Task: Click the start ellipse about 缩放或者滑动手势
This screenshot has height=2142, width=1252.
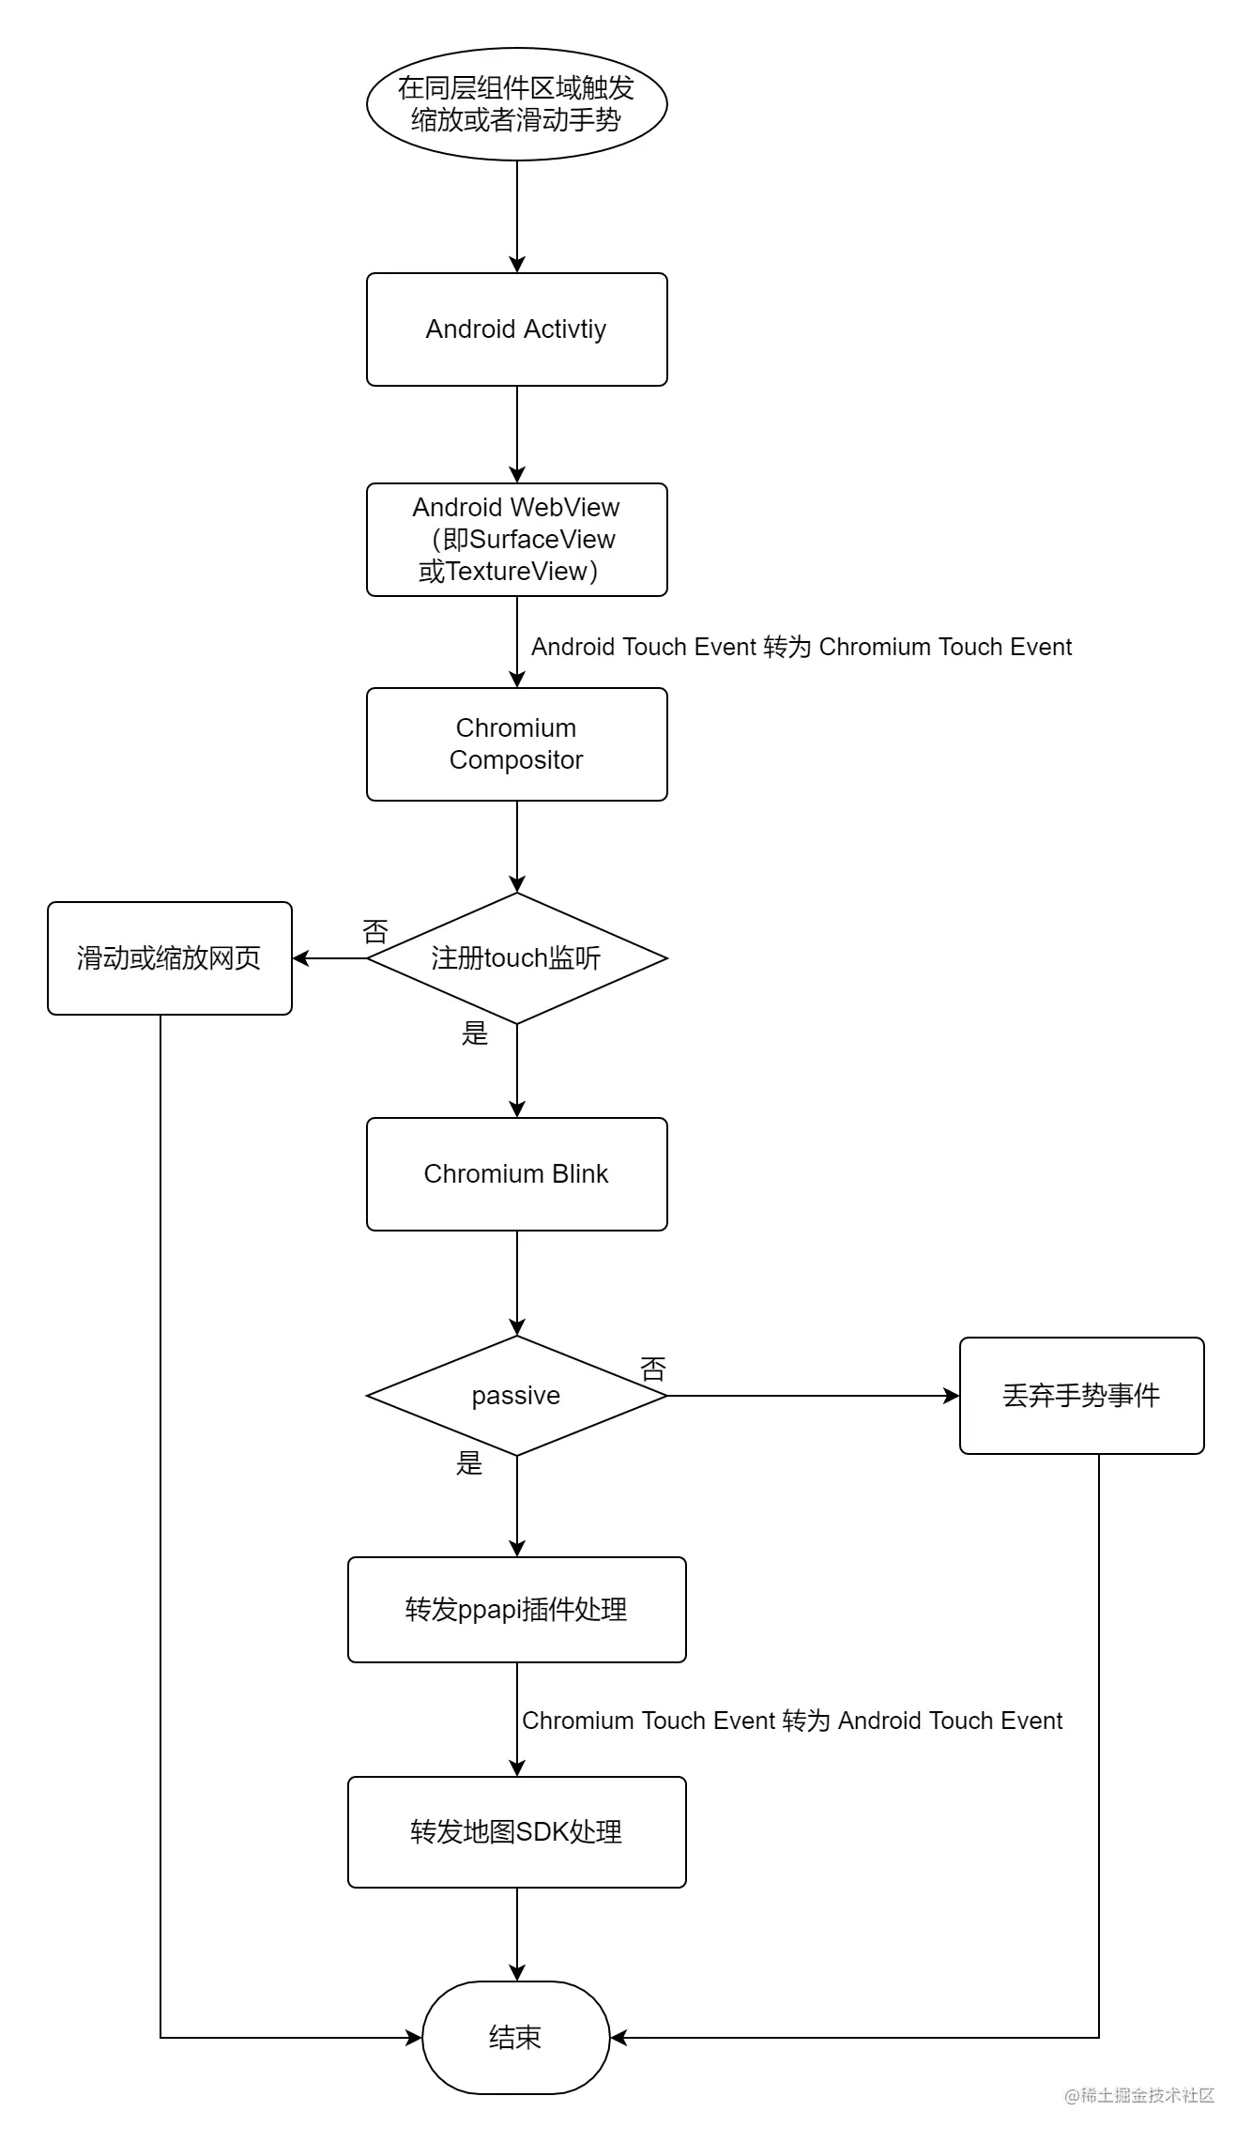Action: [x=516, y=104]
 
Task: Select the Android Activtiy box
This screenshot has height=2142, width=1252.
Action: [x=516, y=329]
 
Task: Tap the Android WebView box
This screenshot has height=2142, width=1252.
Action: [x=516, y=540]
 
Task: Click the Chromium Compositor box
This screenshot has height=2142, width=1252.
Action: [x=516, y=744]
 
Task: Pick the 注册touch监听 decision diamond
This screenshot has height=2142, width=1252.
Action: [x=516, y=958]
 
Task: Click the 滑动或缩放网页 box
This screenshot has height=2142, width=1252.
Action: [x=169, y=958]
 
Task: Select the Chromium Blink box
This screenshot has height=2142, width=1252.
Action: [x=516, y=1174]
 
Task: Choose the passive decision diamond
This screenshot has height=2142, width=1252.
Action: [x=516, y=1396]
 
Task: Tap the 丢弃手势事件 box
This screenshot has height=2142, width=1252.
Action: [x=1081, y=1396]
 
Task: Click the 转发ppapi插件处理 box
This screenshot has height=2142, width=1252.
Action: [x=516, y=1610]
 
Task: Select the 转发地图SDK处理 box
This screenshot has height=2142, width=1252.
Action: [x=516, y=1831]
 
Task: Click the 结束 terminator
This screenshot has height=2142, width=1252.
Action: [x=516, y=2038]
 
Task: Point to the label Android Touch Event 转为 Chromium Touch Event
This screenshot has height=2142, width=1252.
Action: [x=801, y=647]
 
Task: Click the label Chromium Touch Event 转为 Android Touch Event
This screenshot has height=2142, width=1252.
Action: [x=792, y=1721]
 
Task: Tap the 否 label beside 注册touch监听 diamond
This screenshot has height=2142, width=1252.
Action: [x=375, y=932]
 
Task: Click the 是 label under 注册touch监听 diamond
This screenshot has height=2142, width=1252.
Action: [x=475, y=1034]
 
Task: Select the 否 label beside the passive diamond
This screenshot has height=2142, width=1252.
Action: [x=653, y=1369]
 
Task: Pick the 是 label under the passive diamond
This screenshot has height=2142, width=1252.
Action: [x=469, y=1462]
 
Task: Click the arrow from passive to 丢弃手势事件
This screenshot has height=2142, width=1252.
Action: [x=813, y=1396]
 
